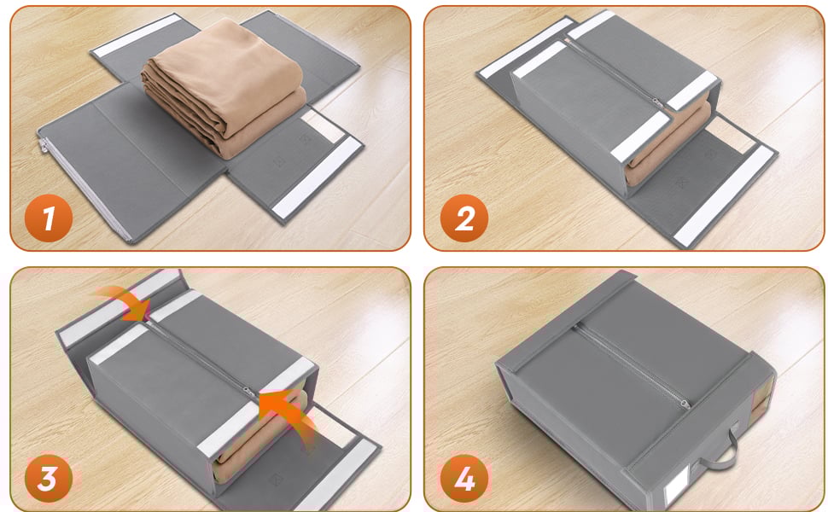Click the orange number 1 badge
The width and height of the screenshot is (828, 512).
pos(49,218)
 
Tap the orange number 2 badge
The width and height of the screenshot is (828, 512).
pos(464,218)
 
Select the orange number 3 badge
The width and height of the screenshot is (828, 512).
pos(49,479)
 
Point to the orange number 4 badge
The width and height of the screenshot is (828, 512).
pos(464,479)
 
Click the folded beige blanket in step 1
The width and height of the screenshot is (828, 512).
pos(224,87)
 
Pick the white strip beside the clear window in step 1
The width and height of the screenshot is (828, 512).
pos(316,177)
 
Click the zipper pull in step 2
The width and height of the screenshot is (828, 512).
pos(658,102)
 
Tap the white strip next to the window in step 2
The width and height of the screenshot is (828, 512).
pos(723,195)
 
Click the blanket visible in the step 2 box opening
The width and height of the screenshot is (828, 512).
pos(668,142)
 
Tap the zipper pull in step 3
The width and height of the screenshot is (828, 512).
pos(248,393)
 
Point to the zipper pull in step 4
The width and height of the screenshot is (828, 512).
pos(685,404)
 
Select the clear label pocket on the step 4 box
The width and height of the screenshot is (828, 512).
pos(678,486)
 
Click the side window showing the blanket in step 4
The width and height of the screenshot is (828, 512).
pos(761,399)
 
